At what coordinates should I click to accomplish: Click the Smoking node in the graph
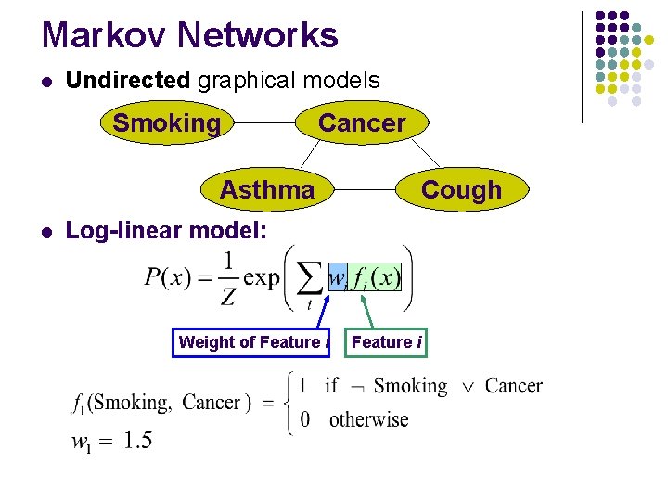(167, 123)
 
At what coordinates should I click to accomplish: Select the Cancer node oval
(362, 123)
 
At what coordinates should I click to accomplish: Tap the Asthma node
(267, 190)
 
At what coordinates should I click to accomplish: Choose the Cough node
(461, 190)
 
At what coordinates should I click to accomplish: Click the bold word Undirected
(128, 81)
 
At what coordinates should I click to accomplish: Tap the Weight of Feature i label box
(253, 342)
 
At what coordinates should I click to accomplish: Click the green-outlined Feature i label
(387, 342)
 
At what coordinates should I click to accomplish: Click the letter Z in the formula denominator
(228, 297)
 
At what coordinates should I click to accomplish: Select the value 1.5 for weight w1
(137, 440)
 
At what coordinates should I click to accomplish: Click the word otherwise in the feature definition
(368, 419)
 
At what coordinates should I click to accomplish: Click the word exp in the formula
(261, 277)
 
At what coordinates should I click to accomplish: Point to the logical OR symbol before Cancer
(468, 386)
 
